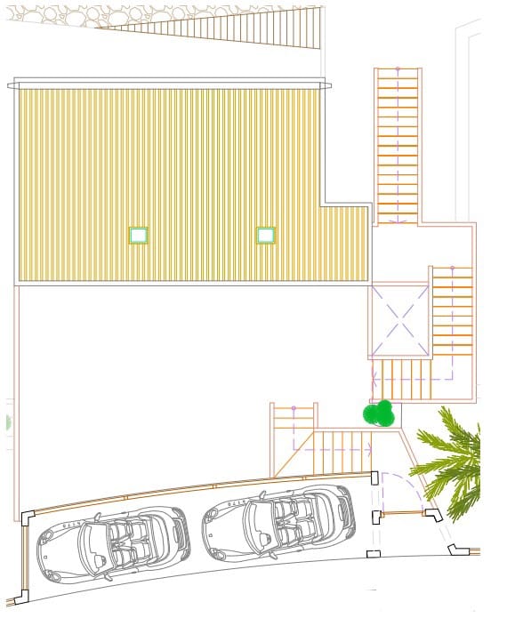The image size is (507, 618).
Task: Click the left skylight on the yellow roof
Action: [138, 235]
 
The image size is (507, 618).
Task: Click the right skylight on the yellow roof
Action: [266, 235]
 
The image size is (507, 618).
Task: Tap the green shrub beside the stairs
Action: [379, 413]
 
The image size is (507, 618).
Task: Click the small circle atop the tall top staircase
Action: [398, 68]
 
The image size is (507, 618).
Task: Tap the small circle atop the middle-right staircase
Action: [452, 268]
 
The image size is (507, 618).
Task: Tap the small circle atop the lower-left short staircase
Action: [293, 409]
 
